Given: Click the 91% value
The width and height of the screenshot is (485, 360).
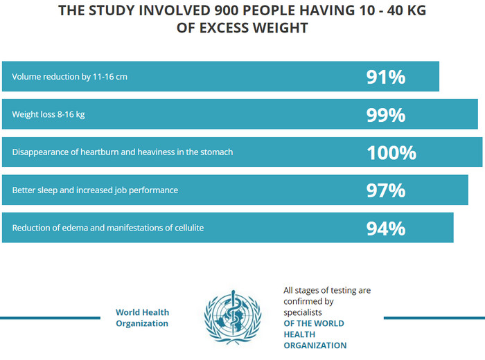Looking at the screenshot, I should pos(385,77).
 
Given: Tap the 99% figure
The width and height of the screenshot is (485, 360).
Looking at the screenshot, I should pos(385,114).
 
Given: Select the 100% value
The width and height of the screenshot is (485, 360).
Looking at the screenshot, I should pos(391,152).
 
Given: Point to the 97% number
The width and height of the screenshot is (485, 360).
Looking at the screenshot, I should pos(385,190).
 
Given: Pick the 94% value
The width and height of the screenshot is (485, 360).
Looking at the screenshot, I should pos(385,228).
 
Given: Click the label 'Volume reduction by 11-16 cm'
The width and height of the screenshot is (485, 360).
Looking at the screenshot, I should pos(69,77).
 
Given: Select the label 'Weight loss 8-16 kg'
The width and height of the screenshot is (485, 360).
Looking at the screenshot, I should pos(48,114).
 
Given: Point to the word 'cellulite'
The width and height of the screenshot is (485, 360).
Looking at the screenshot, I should pos(186,228).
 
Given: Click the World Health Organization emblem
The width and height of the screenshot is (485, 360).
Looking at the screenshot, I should pos(233,317).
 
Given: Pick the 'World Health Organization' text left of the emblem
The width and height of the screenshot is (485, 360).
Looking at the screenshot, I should pos(142,318).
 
